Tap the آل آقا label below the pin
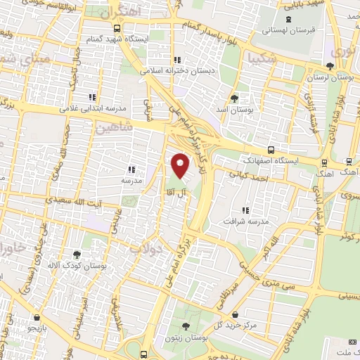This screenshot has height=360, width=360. [174, 191]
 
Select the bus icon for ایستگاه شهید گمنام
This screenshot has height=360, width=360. [117, 29]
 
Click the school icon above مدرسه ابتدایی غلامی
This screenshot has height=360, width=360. [91, 97]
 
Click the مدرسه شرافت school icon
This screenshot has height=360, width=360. [245, 210]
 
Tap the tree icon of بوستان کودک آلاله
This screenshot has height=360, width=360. [77, 255]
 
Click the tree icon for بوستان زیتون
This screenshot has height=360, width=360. [185, 326]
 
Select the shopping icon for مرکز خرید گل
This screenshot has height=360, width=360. [234, 314]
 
